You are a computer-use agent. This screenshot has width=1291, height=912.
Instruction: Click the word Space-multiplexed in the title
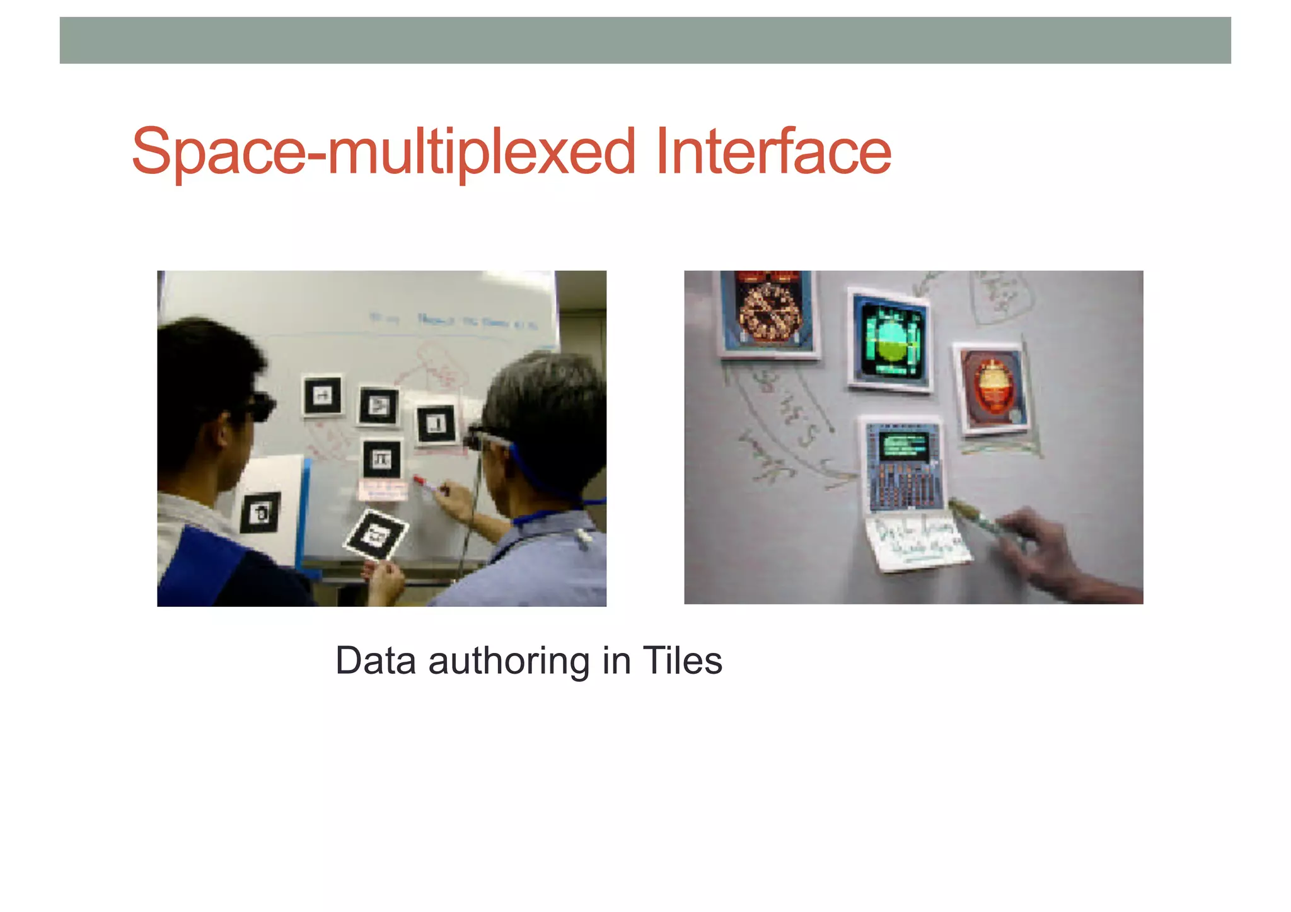383,153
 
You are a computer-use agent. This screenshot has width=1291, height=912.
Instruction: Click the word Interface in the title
773,153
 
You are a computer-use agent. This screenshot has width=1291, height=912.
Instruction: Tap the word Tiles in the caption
683,661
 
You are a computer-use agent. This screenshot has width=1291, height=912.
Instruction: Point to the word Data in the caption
376,661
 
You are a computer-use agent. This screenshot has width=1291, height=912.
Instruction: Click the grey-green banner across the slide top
645,40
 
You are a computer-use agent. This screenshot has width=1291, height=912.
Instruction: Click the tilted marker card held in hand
376,534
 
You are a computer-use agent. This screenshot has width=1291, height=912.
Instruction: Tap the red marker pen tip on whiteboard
419,481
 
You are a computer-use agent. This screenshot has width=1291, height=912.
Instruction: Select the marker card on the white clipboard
260,512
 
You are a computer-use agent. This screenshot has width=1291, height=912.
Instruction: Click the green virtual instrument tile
890,342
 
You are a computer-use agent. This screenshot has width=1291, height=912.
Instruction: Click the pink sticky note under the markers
383,490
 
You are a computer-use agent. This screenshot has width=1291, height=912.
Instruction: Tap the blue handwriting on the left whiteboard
454,321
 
